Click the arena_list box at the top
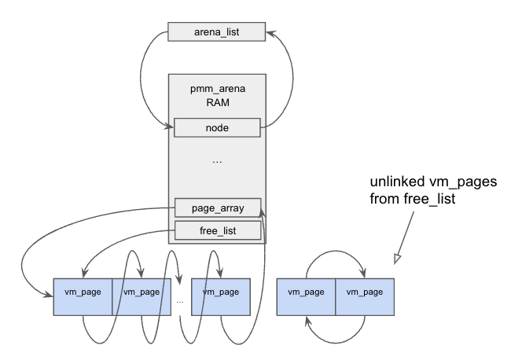pyautogui.click(x=217, y=33)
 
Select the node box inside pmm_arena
pyautogui.click(x=217, y=126)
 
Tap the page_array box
pyautogui.click(x=217, y=209)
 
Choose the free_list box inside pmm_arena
pyautogui.click(x=217, y=231)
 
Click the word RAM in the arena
pyautogui.click(x=217, y=102)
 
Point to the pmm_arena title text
pyautogui.click(x=217, y=89)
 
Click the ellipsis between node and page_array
pyautogui.click(x=217, y=161)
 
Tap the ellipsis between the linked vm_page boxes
pyautogui.click(x=180, y=300)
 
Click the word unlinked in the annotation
pyautogui.click(x=395, y=182)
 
